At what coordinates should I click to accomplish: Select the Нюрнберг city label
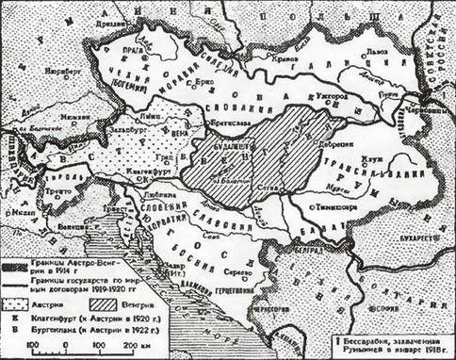[59, 69]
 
